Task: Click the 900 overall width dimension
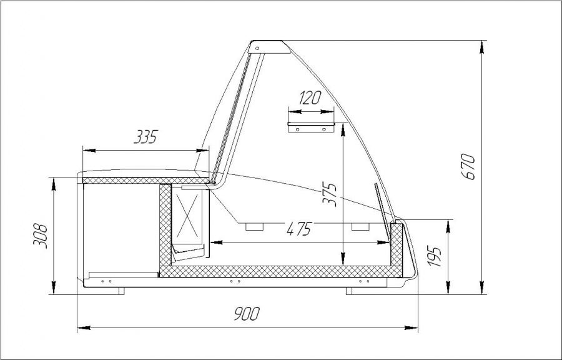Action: [247, 314]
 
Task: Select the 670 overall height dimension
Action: [468, 166]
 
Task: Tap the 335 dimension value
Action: [146, 137]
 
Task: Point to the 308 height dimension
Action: [40, 236]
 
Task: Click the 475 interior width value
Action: [299, 228]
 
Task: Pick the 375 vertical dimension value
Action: [329, 195]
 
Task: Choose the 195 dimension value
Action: [435, 256]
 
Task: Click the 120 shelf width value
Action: [310, 97]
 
